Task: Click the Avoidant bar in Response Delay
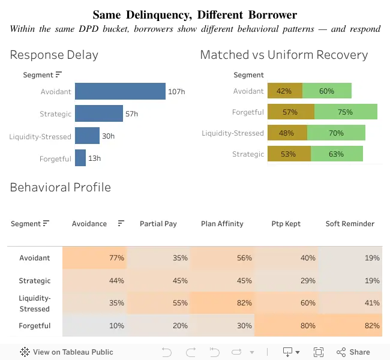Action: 120,91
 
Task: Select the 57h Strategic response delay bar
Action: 99,113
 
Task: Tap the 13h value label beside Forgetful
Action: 95,158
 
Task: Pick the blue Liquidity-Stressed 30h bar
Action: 88,136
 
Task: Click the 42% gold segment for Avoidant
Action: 285,91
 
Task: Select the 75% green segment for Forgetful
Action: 346,112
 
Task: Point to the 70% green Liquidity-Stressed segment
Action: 336,133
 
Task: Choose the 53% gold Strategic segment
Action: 289,154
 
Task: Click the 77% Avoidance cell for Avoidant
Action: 95,258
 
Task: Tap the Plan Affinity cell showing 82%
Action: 223,303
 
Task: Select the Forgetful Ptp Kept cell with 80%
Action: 286,325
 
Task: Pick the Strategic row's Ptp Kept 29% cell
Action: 286,280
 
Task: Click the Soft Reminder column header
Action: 350,224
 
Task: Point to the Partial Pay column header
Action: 158,224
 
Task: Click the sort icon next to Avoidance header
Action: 121,223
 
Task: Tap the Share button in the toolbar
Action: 353,352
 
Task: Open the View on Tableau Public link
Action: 67,352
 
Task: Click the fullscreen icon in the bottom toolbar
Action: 319,352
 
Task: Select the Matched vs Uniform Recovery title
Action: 284,55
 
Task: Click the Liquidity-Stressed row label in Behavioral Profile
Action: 35,303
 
